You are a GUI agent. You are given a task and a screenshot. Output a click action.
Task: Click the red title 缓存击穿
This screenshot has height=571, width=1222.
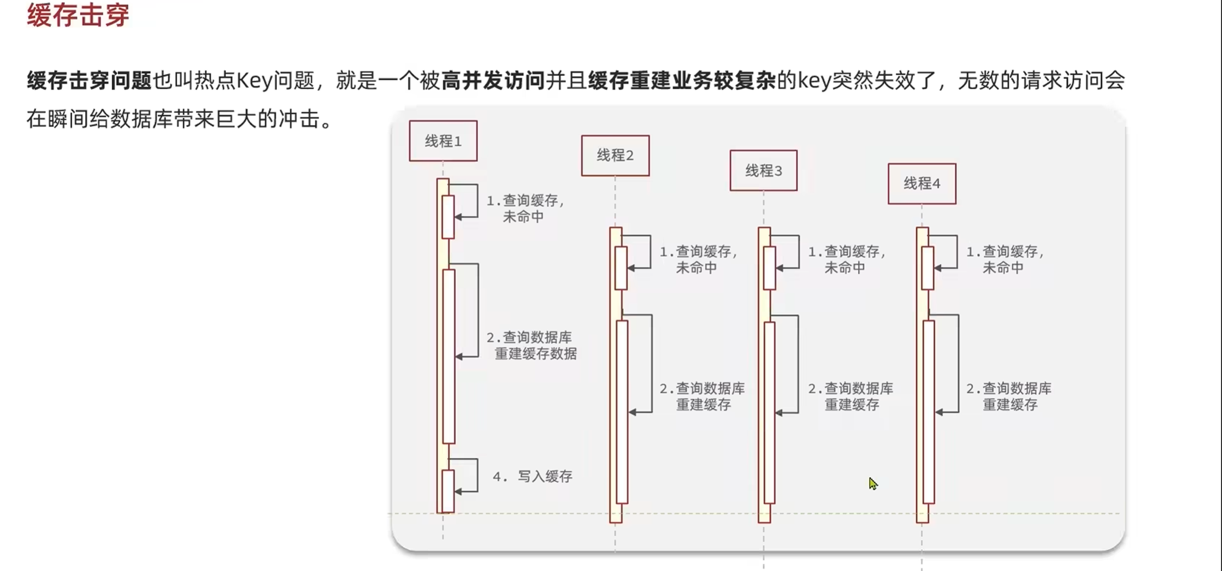(78, 15)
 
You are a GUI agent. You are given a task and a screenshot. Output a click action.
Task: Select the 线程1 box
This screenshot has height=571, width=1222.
(443, 141)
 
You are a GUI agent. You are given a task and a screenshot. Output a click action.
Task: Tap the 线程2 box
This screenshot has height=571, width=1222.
(615, 156)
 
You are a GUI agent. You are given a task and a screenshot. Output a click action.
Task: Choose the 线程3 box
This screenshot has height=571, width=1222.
(763, 171)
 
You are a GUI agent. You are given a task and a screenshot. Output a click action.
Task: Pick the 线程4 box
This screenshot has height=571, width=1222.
(922, 183)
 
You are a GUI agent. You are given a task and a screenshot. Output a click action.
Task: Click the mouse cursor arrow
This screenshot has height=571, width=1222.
(872, 483)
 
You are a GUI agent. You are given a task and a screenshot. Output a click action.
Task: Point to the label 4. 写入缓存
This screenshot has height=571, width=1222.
(532, 477)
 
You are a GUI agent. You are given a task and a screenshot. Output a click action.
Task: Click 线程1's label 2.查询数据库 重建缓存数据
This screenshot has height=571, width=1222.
(532, 345)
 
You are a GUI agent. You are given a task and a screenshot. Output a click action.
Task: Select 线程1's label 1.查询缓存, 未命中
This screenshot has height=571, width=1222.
(525, 208)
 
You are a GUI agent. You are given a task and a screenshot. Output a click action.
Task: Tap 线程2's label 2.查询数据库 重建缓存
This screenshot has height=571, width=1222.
(702, 396)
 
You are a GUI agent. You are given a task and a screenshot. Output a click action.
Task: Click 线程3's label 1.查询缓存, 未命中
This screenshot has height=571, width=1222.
(846, 259)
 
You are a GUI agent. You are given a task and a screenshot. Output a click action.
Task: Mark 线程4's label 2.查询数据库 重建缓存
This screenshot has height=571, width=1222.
(1009, 396)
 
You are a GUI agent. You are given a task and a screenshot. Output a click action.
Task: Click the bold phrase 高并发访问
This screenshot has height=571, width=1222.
(493, 81)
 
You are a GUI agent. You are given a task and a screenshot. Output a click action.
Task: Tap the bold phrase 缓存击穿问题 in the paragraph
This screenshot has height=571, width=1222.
(89, 81)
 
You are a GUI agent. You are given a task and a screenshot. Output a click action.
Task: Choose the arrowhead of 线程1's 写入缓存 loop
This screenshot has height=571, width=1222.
(458, 491)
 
